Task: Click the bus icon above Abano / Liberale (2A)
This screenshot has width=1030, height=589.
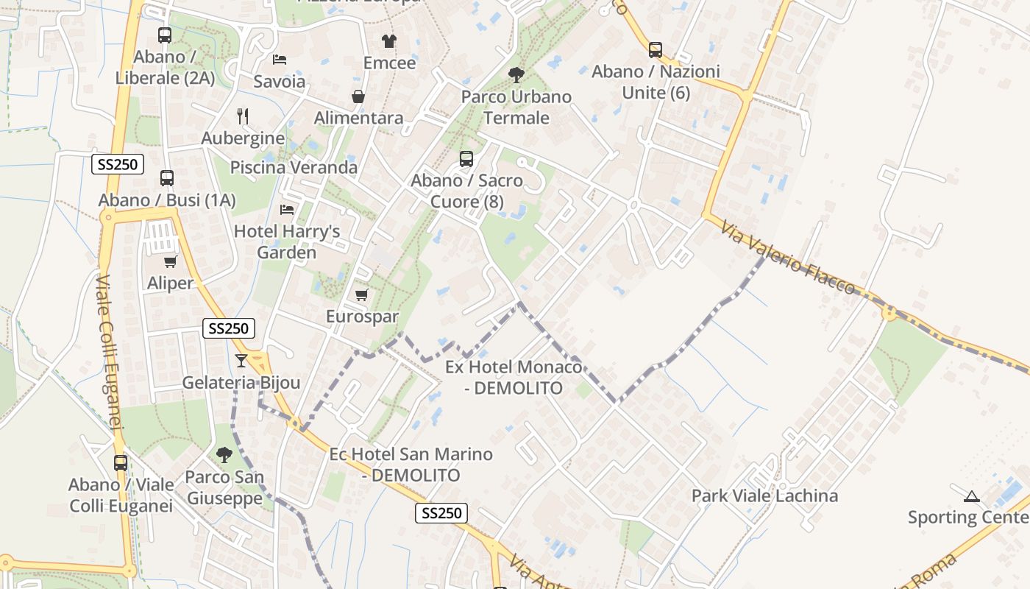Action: tap(165, 35)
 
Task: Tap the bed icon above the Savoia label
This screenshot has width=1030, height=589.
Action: tap(280, 59)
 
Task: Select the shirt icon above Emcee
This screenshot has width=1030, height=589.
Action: tap(389, 40)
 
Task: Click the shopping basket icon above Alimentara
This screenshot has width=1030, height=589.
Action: tap(358, 96)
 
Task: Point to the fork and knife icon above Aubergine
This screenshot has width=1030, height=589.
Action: tap(243, 116)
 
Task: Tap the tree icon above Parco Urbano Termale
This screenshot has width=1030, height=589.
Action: tap(516, 74)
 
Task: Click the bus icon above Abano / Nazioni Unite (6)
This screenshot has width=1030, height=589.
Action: tap(656, 50)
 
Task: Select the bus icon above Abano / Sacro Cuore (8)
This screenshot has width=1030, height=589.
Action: tap(466, 158)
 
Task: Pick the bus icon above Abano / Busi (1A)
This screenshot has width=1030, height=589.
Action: tap(167, 177)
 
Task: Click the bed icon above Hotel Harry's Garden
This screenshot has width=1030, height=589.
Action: tap(287, 210)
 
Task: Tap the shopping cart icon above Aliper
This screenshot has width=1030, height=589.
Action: tap(171, 261)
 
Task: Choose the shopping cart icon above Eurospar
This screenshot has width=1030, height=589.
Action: tap(361, 295)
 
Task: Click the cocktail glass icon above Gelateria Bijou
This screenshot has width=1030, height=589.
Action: tap(241, 360)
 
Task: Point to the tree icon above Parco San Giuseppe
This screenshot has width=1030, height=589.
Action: tap(224, 455)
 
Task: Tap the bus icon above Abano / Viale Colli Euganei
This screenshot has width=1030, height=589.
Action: tap(121, 463)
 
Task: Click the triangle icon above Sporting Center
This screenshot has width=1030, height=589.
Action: tap(972, 496)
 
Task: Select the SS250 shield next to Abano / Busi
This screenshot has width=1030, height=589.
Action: tap(118, 164)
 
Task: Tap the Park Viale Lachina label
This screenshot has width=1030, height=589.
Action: tap(764, 495)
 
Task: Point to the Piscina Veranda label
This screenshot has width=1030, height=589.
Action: tap(294, 167)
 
